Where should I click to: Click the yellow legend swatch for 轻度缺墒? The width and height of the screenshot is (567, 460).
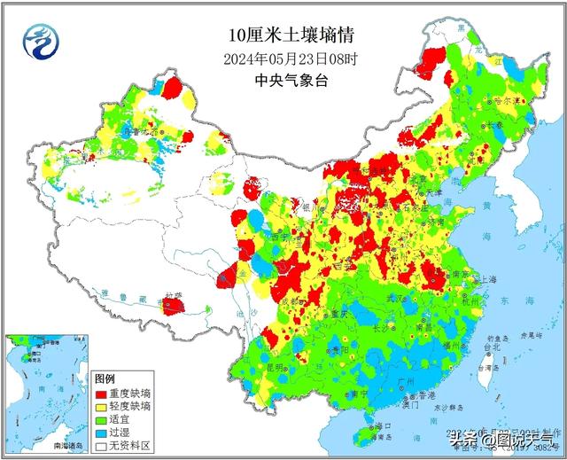pyautogui.click(x=101, y=405)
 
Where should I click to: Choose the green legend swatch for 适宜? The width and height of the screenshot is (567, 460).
pyautogui.click(x=101, y=419)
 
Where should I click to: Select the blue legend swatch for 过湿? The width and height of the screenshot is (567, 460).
pyautogui.click(x=101, y=433)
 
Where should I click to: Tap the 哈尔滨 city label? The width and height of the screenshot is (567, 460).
pyautogui.click(x=508, y=102)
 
